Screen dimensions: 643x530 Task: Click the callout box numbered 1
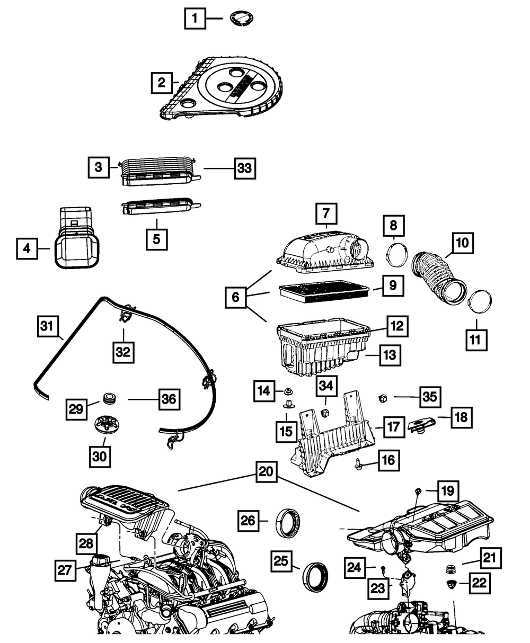coord(195,20)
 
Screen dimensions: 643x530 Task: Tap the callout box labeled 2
coord(161,82)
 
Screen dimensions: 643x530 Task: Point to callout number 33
coord(244,168)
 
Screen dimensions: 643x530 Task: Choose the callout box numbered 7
coord(326,214)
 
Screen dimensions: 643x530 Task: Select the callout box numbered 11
coord(476,340)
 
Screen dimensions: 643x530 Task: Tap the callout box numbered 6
coord(236,298)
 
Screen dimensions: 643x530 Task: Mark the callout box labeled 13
coord(390,355)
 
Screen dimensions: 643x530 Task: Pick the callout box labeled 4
coord(26,247)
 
